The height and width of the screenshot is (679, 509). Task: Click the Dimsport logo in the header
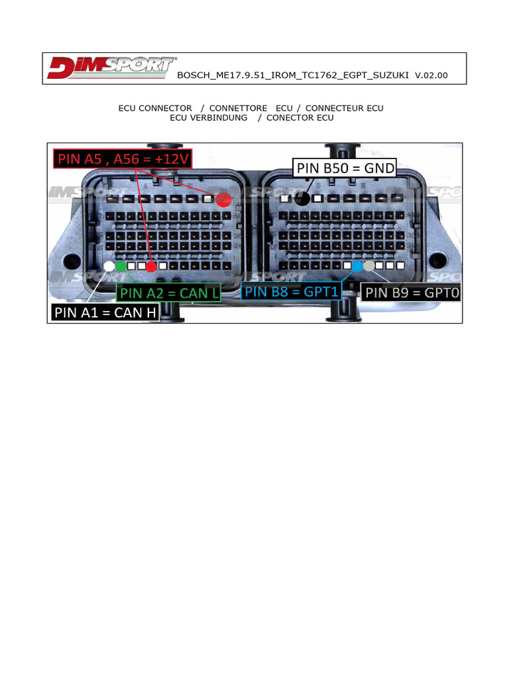click(111, 68)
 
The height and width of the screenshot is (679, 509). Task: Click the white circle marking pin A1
click(109, 267)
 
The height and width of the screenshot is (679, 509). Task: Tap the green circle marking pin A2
click(121, 267)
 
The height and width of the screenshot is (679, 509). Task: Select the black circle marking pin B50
click(302, 198)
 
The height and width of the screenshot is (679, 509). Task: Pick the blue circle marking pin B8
click(357, 266)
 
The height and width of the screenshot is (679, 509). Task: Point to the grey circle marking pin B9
click(369, 266)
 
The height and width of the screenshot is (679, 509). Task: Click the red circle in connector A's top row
click(223, 198)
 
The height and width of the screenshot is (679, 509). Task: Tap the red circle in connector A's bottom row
click(151, 267)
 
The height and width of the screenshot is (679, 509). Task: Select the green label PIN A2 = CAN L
click(168, 292)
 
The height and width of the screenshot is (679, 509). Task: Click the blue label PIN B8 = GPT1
click(291, 290)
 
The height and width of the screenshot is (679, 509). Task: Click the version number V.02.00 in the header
click(431, 76)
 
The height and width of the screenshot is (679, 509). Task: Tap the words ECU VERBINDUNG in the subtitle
click(209, 118)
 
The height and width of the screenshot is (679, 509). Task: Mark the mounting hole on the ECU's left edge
click(68, 259)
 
